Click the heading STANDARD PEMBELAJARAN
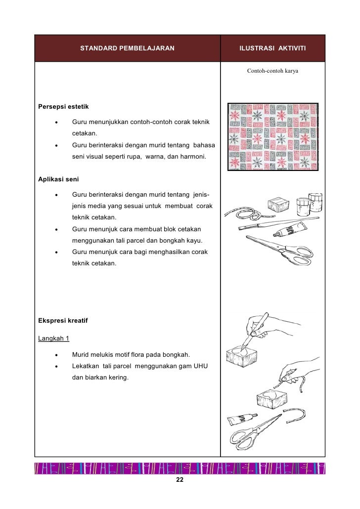127,49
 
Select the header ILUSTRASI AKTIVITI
272,49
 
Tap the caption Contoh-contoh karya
272,71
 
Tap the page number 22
180,481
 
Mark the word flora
139,355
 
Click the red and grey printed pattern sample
272,136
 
